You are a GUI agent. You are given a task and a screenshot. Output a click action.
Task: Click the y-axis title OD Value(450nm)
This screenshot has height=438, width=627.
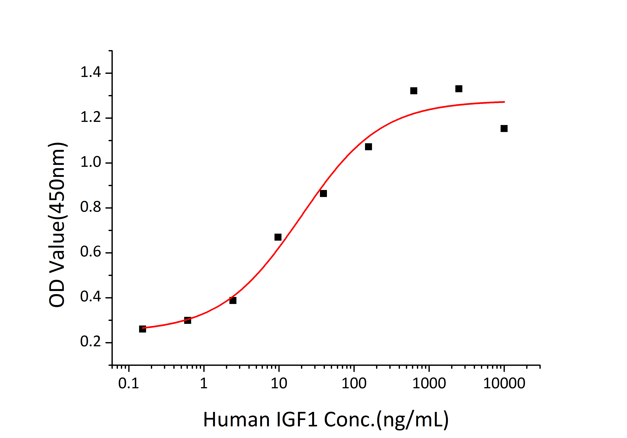(57, 225)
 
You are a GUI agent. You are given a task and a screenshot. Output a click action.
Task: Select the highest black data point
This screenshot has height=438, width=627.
(459, 89)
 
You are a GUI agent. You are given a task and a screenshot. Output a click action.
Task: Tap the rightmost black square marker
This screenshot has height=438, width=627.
(504, 129)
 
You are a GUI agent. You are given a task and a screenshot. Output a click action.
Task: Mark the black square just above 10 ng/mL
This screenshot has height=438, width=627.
(278, 237)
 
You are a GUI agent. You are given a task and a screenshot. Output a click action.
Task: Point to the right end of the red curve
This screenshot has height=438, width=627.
(504, 102)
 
